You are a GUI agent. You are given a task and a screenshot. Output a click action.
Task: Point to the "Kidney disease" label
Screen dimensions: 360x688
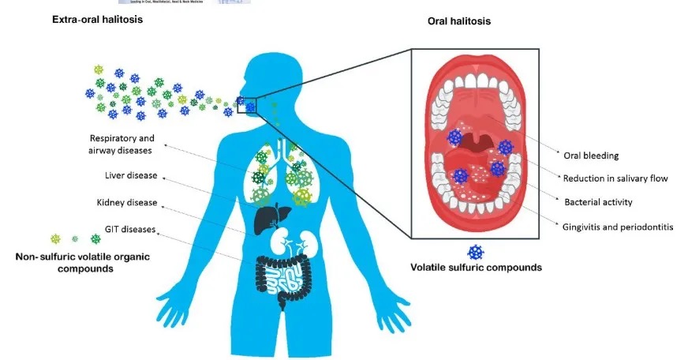click(124, 202)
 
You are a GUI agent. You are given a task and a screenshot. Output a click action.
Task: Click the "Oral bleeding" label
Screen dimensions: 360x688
click(585, 155)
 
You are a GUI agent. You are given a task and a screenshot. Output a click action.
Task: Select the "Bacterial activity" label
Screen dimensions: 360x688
click(598, 202)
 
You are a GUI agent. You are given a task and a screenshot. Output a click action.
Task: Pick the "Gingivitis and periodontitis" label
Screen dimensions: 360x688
click(619, 227)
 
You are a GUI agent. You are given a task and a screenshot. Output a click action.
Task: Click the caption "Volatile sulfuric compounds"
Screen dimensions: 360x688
click(476, 268)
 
